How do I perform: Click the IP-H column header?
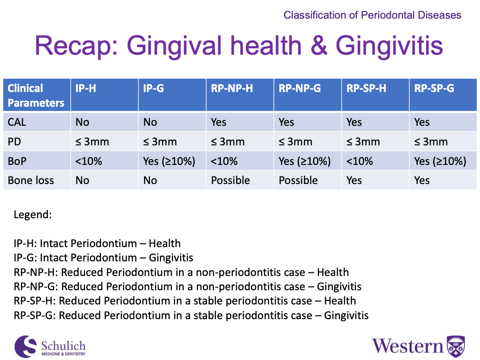[x=85, y=88]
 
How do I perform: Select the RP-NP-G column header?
[x=300, y=88]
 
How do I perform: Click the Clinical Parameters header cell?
[x=36, y=95]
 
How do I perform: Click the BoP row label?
[x=17, y=161]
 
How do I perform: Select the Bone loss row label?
[x=31, y=180]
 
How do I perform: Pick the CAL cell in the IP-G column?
[x=150, y=122]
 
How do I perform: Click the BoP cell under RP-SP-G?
[x=440, y=161]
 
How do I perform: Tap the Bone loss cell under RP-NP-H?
[x=230, y=180]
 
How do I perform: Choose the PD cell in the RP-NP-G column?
[x=295, y=142]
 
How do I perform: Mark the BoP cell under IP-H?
[x=88, y=161]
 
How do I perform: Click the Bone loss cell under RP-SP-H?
[x=354, y=180]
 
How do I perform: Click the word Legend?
[x=33, y=215]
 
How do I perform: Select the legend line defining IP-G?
[x=103, y=258]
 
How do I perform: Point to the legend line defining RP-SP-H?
[x=184, y=301]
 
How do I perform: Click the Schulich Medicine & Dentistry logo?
[x=50, y=347]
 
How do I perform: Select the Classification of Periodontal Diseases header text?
[x=372, y=15]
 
